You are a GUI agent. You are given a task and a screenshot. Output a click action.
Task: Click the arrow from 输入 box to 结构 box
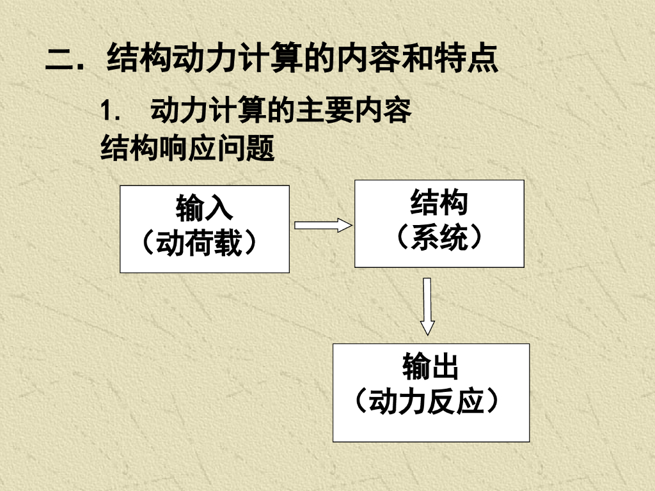click(323, 225)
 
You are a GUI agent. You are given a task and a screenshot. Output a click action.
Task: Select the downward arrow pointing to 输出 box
click(427, 306)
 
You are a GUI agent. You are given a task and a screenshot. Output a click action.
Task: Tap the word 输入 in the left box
click(204, 208)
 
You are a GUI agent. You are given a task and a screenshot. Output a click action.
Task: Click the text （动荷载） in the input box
click(204, 244)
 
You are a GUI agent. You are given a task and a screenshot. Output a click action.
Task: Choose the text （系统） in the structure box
click(439, 238)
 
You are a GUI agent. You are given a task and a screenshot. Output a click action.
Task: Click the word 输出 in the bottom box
click(430, 367)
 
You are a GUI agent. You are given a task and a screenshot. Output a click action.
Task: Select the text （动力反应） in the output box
click(430, 402)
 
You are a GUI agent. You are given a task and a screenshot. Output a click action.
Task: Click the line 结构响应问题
click(187, 149)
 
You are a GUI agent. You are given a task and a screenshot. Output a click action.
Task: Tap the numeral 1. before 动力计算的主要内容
click(110, 112)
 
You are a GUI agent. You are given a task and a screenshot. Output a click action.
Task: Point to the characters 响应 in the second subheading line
click(187, 149)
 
